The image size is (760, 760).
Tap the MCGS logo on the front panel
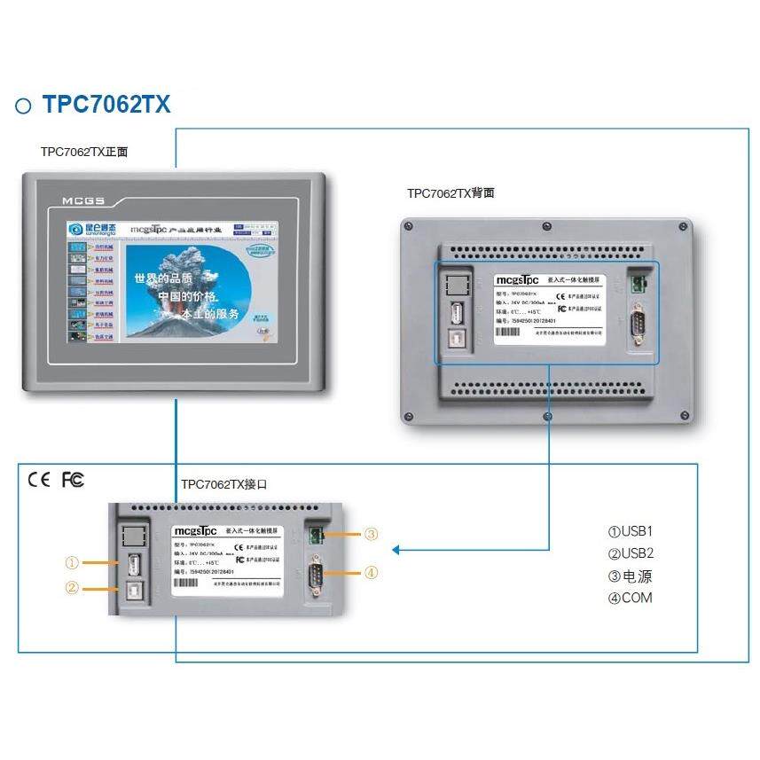(x=84, y=201)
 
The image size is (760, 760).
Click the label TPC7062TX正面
(x=84, y=152)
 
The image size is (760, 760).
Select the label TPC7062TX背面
(x=451, y=192)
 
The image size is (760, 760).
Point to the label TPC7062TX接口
(x=223, y=485)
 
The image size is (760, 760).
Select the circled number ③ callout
(x=372, y=534)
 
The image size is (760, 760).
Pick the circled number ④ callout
(x=372, y=573)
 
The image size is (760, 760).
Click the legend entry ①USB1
(x=630, y=532)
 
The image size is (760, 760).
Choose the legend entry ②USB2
(x=631, y=553)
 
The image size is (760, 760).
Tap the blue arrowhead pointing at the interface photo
(x=396, y=550)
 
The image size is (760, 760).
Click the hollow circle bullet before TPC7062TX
(x=24, y=106)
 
